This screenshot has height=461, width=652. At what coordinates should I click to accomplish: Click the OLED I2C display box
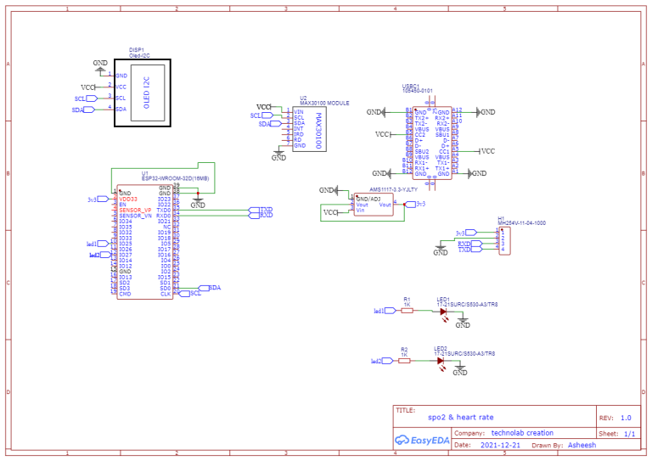[x=143, y=93]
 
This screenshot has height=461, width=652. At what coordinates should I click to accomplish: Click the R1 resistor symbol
[x=407, y=311]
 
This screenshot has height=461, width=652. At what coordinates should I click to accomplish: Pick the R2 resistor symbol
[x=405, y=361]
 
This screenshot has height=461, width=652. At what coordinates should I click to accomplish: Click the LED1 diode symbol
[x=443, y=311]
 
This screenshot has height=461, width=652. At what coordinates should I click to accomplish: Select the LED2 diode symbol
[x=440, y=361]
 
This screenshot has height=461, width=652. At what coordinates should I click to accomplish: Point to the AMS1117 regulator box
[x=374, y=205]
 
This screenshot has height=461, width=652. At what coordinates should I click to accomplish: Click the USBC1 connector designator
[x=411, y=85]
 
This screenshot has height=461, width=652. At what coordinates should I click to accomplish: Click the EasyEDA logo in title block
[x=422, y=440]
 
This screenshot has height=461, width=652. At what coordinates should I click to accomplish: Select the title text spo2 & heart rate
[x=460, y=418]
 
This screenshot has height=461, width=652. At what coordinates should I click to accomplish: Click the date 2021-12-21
[x=500, y=444]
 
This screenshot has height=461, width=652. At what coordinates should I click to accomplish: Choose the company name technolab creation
[x=522, y=431]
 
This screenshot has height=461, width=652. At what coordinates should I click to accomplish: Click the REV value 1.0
[x=626, y=418]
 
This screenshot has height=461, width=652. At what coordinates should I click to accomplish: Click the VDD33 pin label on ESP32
[x=128, y=199]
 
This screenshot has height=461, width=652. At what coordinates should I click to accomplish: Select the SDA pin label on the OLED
[x=121, y=110]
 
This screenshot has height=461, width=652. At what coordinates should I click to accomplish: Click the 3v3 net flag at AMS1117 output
[x=413, y=205]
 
